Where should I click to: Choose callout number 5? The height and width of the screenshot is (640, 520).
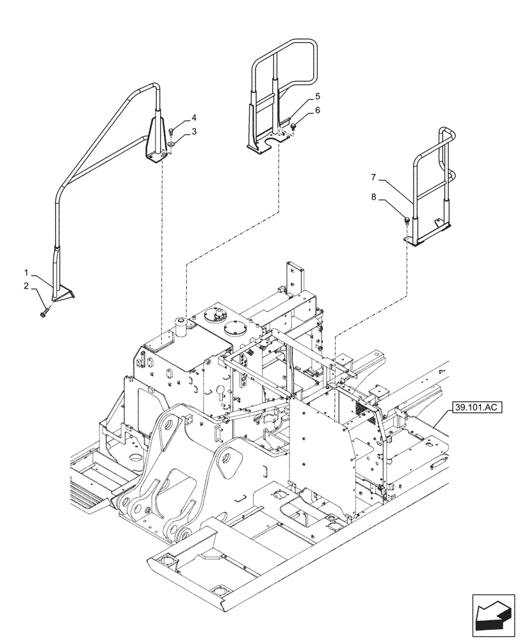(x=317, y=97)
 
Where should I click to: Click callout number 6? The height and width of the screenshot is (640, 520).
(x=317, y=110)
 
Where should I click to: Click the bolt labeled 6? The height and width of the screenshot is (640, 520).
(x=294, y=128)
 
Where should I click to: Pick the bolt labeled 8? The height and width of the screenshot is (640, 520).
(x=407, y=220)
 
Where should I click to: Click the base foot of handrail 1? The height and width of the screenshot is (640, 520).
(x=61, y=295)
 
